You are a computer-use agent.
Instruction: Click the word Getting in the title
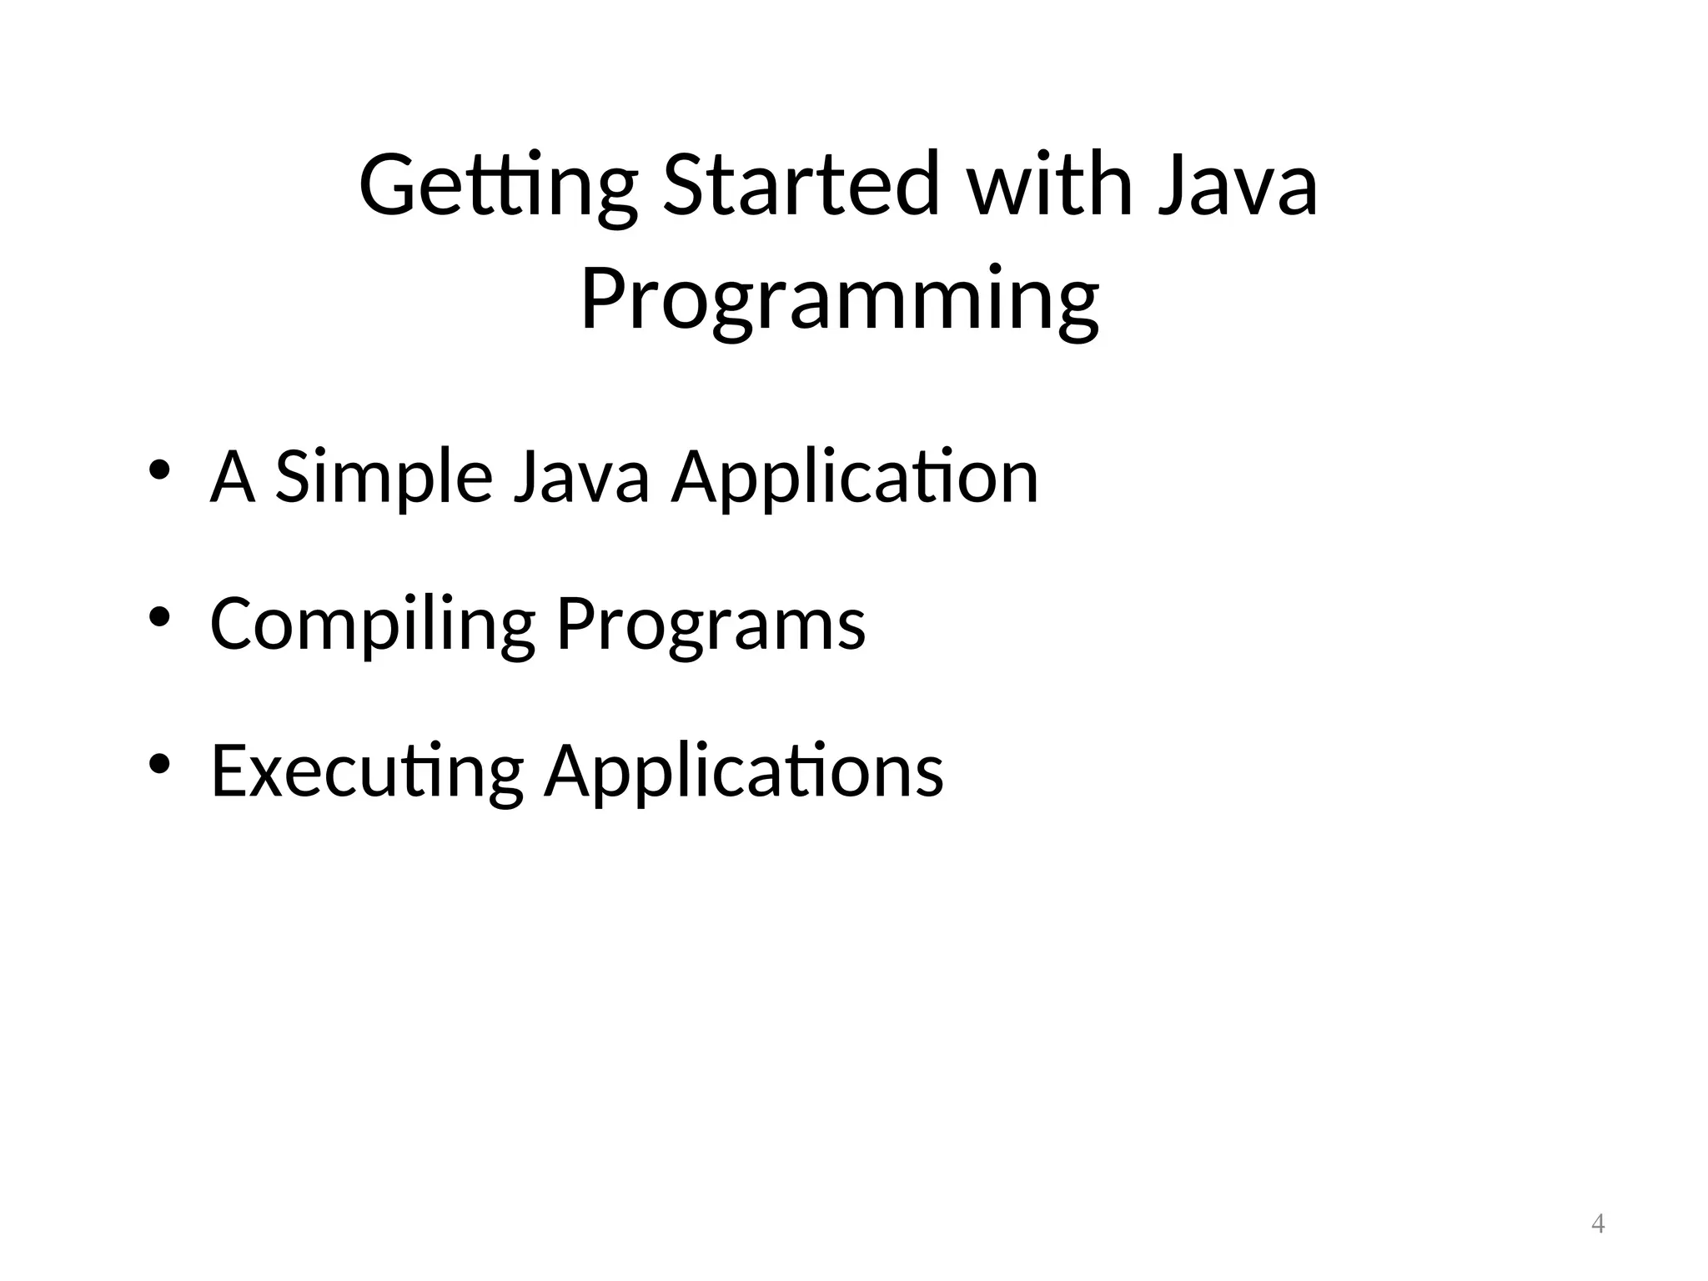pyautogui.click(x=498, y=185)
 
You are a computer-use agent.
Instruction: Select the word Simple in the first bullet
pyautogui.click(x=383, y=477)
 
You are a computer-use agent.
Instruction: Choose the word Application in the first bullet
pyautogui.click(x=855, y=477)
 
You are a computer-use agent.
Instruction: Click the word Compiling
pyautogui.click(x=372, y=624)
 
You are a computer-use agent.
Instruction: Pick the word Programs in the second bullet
pyautogui.click(x=711, y=624)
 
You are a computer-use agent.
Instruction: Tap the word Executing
pyautogui.click(x=367, y=771)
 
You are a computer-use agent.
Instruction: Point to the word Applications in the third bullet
pyautogui.click(x=744, y=771)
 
